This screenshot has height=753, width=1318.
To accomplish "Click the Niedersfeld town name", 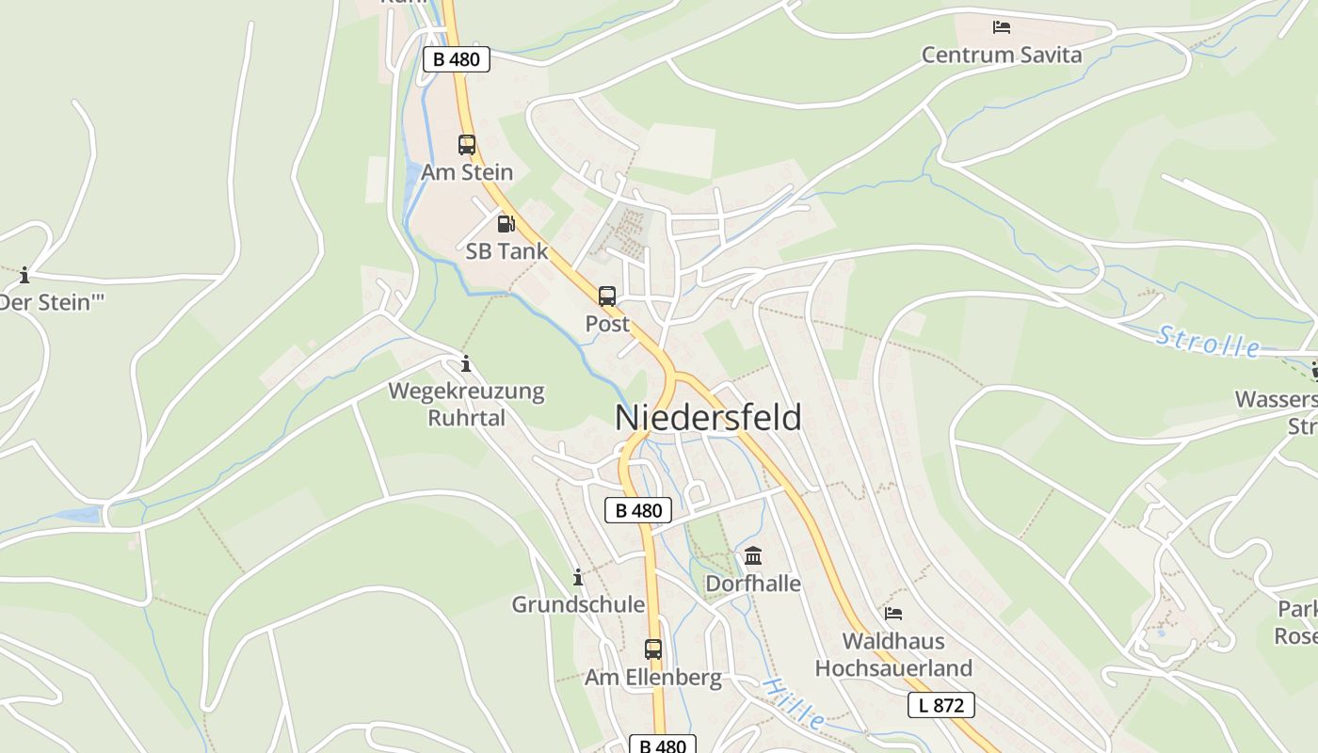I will tap(708, 418).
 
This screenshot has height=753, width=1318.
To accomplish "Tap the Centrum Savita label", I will tap(1002, 55).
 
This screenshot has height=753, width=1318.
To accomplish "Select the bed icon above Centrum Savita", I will tap(1002, 27).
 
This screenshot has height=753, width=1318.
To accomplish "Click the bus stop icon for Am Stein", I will tap(467, 145).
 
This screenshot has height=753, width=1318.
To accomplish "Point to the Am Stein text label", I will tap(467, 172).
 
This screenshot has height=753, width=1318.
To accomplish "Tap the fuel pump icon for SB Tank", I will tap(506, 224).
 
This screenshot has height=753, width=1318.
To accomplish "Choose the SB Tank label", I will tap(506, 251).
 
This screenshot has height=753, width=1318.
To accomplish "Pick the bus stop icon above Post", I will tap(607, 296).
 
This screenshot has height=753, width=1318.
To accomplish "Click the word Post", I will tap(607, 324).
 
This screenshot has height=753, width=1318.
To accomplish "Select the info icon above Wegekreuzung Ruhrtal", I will tap(466, 363).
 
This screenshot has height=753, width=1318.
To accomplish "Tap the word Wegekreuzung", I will tap(467, 391).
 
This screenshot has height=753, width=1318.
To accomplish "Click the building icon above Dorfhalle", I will tap(753, 556).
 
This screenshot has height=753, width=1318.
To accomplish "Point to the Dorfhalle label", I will tap(753, 584).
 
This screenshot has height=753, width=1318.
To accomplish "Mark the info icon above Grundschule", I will tap(578, 577).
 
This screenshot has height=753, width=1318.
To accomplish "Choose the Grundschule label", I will tap(578, 604).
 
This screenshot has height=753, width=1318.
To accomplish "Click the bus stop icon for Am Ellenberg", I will tap(653, 649).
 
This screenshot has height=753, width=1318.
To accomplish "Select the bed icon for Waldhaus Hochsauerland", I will tap(893, 614).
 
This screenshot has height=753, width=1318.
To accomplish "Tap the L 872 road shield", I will tap(940, 705).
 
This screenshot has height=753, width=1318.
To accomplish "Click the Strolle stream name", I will tap(1208, 342).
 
